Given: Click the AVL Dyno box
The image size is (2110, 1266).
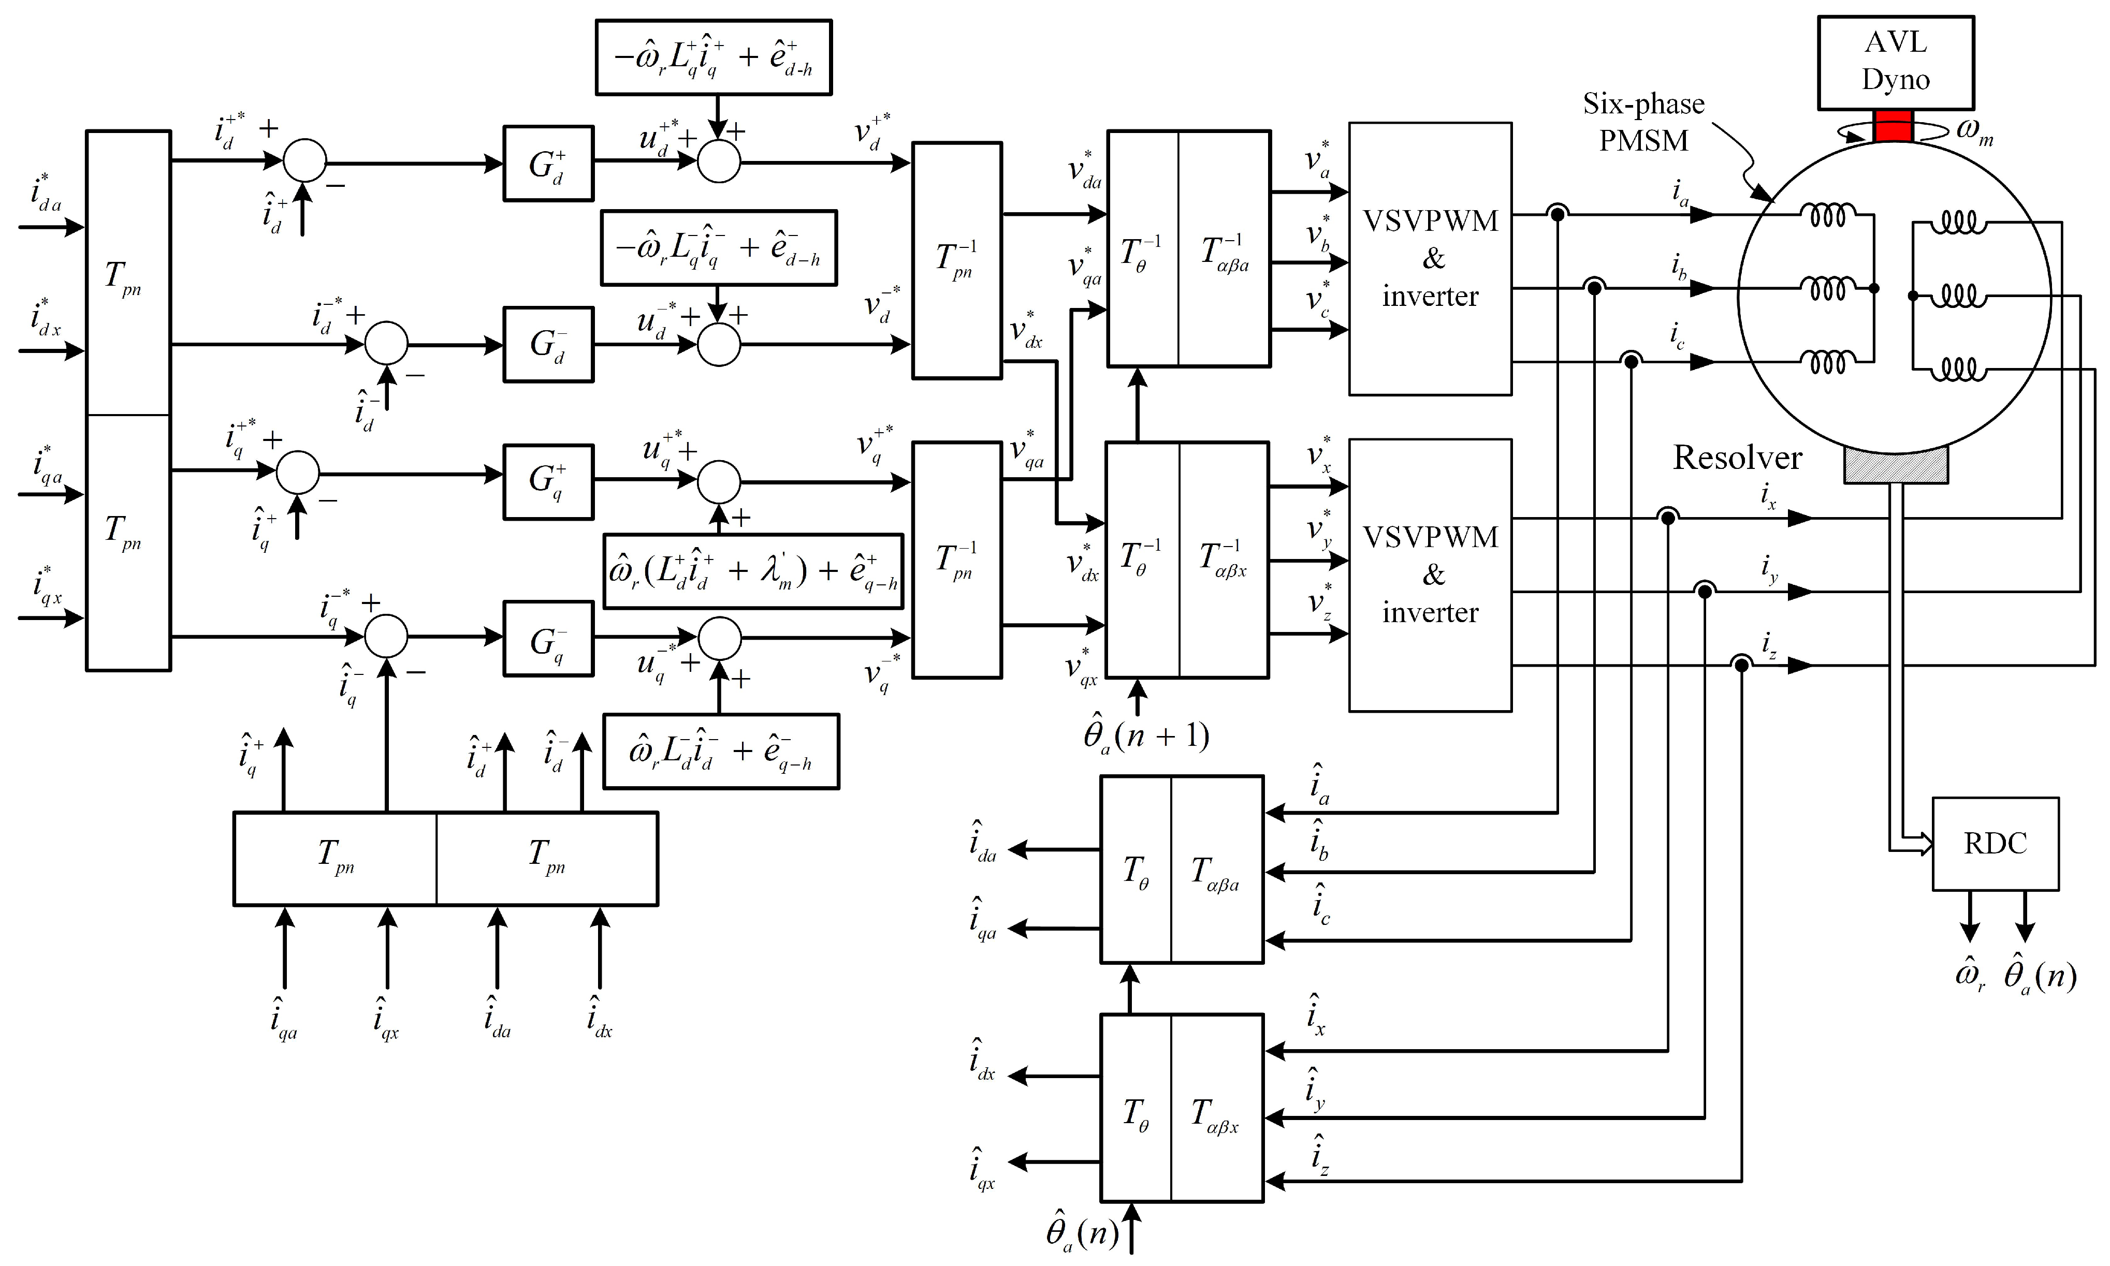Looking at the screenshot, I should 1895,62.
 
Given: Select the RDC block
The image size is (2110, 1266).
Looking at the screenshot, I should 1995,844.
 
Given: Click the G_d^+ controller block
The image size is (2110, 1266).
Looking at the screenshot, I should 548,164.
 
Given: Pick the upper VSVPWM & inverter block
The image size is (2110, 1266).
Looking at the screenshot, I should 1430,258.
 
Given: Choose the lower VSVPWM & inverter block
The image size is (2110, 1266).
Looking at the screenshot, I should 1430,575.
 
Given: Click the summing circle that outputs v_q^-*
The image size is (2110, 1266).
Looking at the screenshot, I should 719,638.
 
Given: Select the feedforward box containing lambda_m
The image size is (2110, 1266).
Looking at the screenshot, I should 752,571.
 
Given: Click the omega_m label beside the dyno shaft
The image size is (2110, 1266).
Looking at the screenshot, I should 1973,131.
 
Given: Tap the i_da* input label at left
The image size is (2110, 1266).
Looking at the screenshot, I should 45,194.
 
